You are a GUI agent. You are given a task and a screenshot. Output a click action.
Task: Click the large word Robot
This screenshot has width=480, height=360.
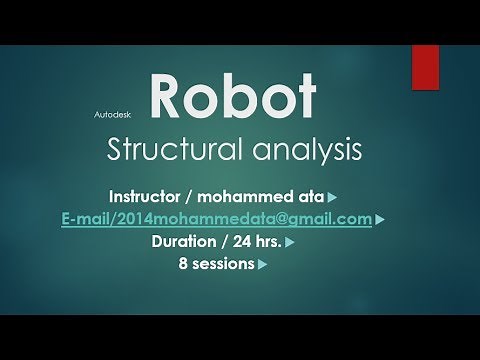point(232,98)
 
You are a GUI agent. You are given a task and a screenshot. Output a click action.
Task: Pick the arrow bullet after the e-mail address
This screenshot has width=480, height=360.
point(381,220)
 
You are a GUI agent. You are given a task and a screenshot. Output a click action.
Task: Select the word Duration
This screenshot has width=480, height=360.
point(186,242)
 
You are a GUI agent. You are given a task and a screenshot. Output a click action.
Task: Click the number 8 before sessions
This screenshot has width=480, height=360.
point(183,265)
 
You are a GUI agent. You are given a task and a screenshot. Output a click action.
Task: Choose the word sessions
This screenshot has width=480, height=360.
point(223,265)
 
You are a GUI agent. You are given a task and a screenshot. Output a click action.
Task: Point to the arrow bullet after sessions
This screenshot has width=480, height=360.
point(262,266)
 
